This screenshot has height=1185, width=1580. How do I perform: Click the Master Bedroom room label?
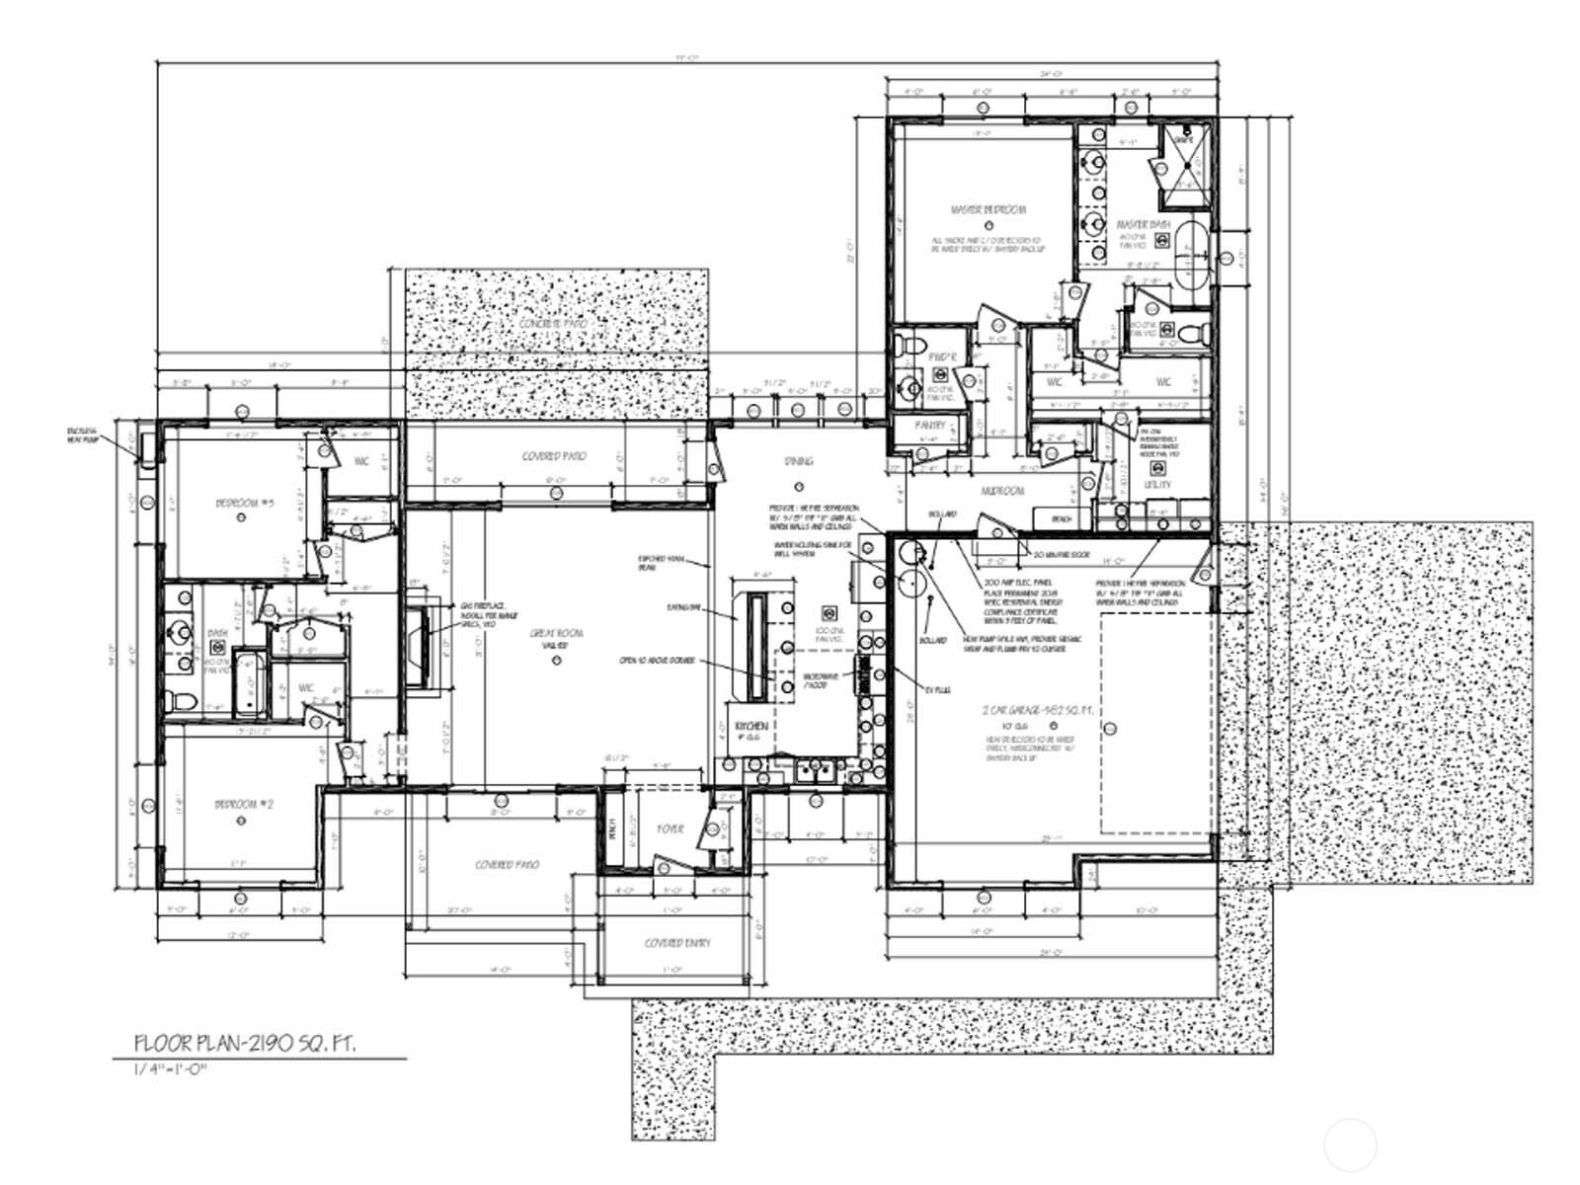pos(987,209)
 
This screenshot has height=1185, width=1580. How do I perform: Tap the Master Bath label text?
pos(1143,225)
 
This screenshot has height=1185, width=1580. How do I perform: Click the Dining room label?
pos(799,461)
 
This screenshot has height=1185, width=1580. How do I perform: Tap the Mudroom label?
pos(1001,491)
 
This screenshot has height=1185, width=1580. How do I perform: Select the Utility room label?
pos(1157,485)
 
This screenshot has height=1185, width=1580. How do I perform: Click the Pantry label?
pos(929,426)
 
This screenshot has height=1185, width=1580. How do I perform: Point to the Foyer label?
pos(671,829)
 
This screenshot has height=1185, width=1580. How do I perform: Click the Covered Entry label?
pos(676,943)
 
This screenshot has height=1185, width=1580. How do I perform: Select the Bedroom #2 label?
pos(244,805)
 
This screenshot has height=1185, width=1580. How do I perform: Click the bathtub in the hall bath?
pos(249,682)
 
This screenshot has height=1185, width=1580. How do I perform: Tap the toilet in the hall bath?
pos(179,700)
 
